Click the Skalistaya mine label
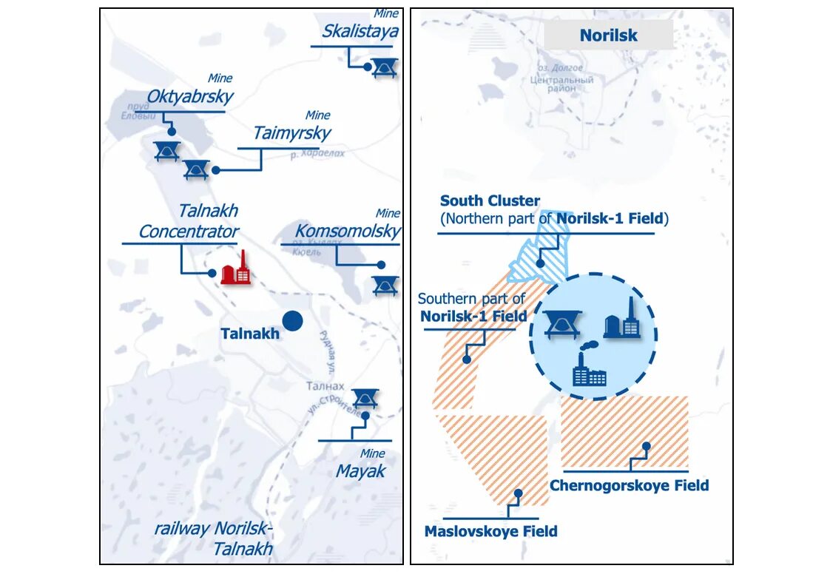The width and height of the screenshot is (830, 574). pyautogui.click(x=360, y=31)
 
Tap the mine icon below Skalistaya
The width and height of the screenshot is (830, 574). pyautogui.click(x=383, y=67)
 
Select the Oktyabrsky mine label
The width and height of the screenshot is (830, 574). pyautogui.click(x=190, y=97)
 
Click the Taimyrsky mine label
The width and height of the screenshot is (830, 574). pyautogui.click(x=291, y=133)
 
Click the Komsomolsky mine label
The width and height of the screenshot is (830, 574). pyautogui.click(x=348, y=231)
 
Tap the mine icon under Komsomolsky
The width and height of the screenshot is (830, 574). pyautogui.click(x=385, y=285)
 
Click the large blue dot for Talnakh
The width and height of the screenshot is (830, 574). pyautogui.click(x=294, y=321)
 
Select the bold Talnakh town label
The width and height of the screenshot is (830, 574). pyautogui.click(x=250, y=334)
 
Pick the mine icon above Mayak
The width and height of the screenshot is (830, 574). pyautogui.click(x=365, y=398)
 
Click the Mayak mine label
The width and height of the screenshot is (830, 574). pyautogui.click(x=360, y=471)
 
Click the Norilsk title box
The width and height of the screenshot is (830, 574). pyautogui.click(x=608, y=36)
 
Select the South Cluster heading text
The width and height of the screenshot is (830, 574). pyautogui.click(x=490, y=201)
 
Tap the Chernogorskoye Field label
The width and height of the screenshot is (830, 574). pyautogui.click(x=629, y=486)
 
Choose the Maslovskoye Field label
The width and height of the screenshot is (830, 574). pyautogui.click(x=490, y=531)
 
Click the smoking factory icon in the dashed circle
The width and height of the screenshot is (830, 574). pyautogui.click(x=589, y=368)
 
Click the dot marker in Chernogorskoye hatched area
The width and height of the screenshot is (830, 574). pyautogui.click(x=647, y=446)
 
